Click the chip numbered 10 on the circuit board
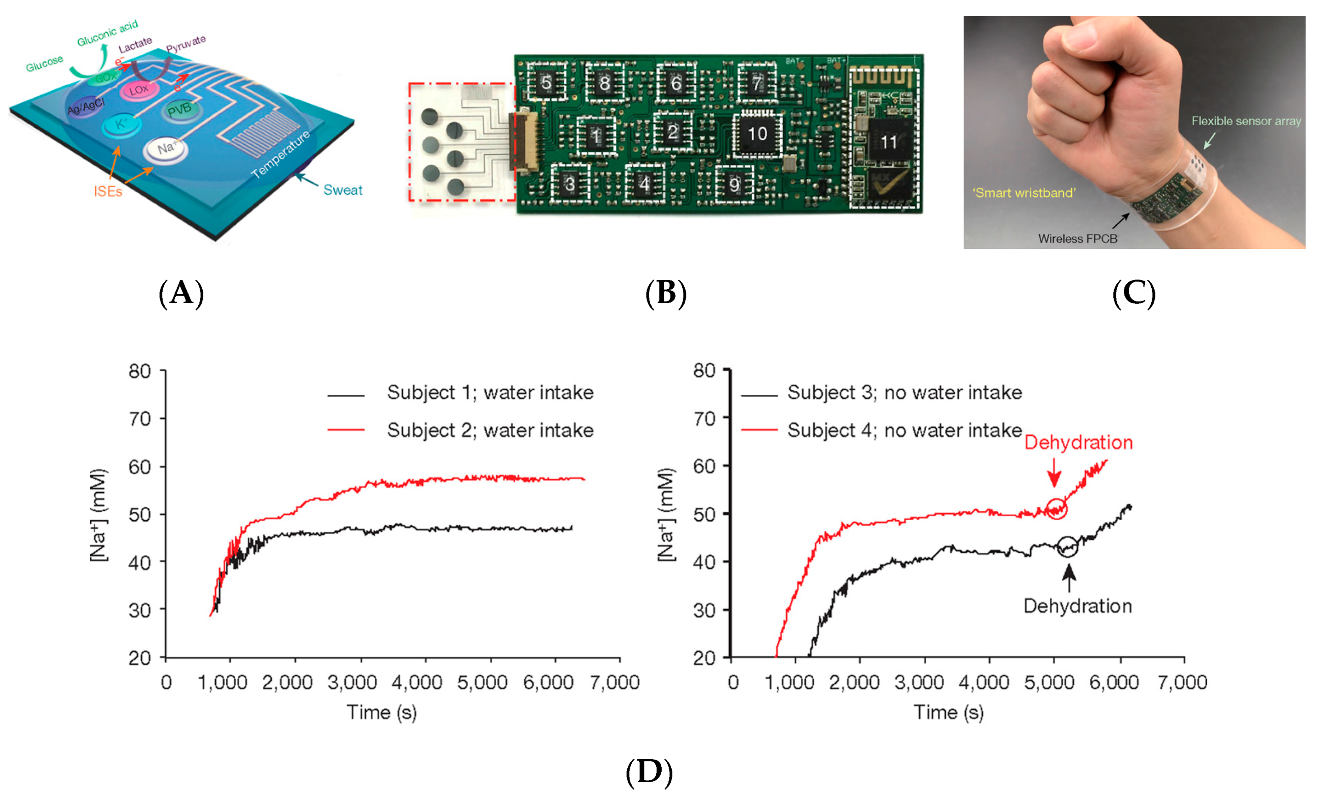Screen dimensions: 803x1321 pos(756,134)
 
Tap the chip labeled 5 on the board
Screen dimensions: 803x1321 pos(546,82)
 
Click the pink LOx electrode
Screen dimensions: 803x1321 pos(139,90)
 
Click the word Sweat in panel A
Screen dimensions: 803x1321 pos(343,190)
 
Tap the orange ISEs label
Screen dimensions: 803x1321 pos(108,192)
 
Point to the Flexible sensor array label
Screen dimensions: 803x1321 pos(1245,121)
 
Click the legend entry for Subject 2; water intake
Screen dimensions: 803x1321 pos(489,430)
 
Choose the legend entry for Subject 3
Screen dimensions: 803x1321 pos(904,393)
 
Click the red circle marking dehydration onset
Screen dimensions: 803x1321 pos(1056,509)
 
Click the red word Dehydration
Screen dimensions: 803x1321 pos(1078,442)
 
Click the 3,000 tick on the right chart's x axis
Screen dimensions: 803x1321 pos(919,682)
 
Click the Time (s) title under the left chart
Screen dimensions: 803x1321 pos(381,713)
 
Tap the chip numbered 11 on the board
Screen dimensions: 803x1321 pos(888,142)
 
